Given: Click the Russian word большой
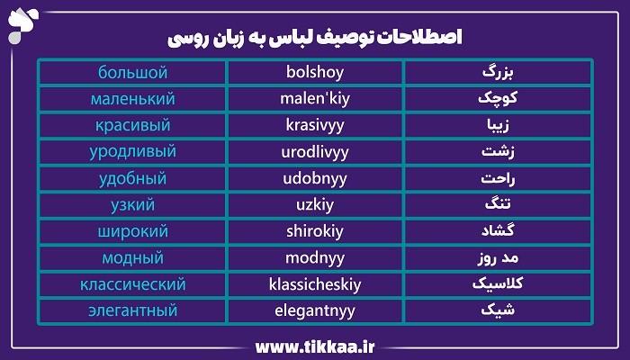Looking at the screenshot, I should (132, 72).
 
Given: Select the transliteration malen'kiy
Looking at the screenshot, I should (315, 99).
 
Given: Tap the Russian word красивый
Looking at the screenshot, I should (132, 125).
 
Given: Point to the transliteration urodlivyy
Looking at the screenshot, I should (315, 152).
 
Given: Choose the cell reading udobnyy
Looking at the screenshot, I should (315, 179).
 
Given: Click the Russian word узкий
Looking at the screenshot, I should (132, 205).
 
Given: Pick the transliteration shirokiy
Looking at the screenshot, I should (315, 232).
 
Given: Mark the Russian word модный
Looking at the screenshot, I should (132, 258).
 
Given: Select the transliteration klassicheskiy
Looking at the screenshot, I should (315, 285).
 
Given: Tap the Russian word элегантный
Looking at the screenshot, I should (132, 311).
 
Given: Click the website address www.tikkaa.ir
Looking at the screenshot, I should (314, 346).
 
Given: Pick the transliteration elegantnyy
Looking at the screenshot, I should (315, 311).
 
